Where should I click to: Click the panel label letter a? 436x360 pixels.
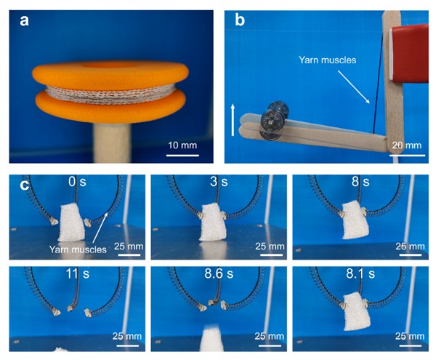[x=24, y=20]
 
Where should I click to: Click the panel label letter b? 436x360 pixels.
[x=240, y=20]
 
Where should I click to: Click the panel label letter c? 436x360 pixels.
[x=25, y=185]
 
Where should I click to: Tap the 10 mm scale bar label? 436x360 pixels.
[x=182, y=145]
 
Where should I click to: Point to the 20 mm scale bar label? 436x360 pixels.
[x=407, y=145]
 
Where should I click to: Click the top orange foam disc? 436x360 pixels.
[x=110, y=73]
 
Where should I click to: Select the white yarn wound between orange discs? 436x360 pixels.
[x=110, y=95]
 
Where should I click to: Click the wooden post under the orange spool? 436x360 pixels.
[x=112, y=143]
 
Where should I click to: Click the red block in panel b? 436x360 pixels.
[x=409, y=54]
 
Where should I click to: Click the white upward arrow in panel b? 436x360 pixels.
[x=233, y=120]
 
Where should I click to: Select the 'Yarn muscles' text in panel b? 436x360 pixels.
[x=327, y=60]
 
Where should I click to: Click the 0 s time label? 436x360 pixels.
[x=77, y=182]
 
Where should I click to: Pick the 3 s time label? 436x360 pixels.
[x=219, y=182]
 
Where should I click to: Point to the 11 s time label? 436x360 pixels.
[x=78, y=273]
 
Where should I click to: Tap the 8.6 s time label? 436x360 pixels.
[x=219, y=273]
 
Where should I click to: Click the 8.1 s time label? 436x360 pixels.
[x=360, y=273]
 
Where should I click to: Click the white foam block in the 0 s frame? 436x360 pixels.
[x=71, y=223]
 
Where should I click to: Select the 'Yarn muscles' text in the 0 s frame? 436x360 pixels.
[x=78, y=249]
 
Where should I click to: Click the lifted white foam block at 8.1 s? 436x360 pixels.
[x=357, y=311]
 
